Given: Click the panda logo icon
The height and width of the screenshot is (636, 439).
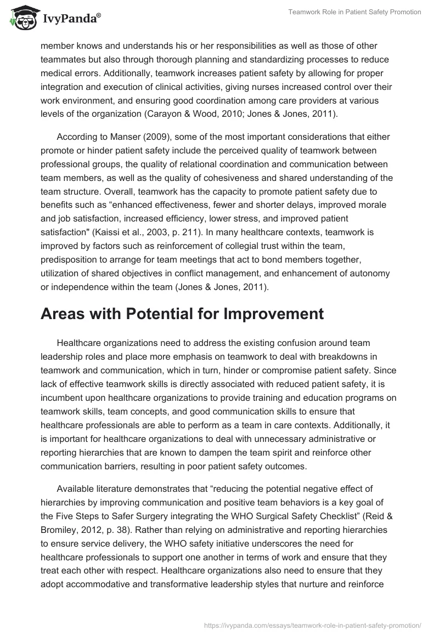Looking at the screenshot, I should (x=20, y=18).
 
